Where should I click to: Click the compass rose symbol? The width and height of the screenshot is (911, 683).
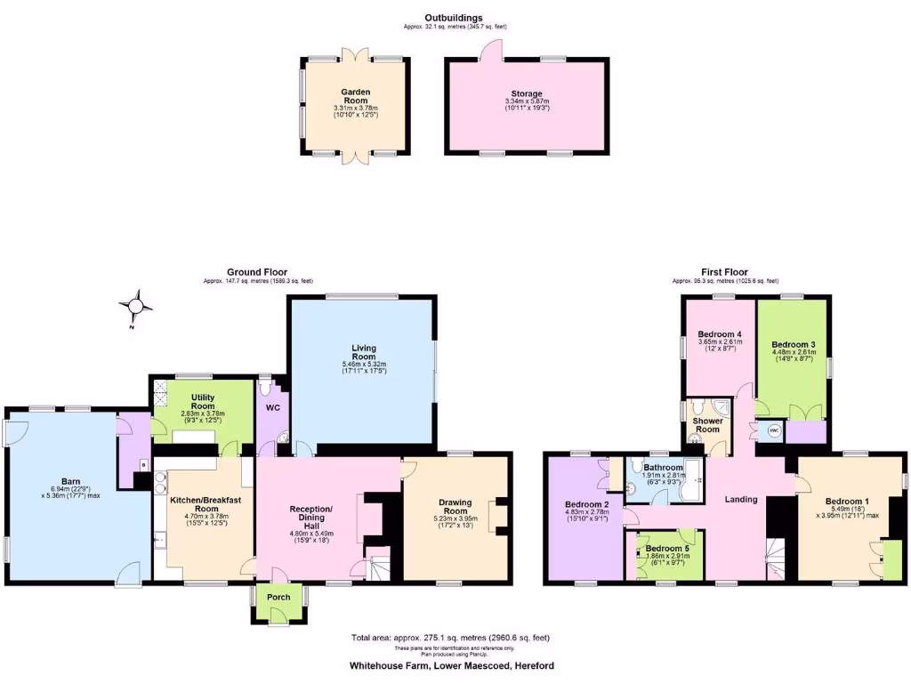pos(135,307)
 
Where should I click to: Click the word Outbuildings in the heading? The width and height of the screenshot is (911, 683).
pos(454,18)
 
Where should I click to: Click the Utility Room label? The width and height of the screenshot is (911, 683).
pos(203,401)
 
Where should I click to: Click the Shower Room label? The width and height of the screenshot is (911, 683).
pos(707,424)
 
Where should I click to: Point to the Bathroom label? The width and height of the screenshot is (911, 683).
pos(664,467)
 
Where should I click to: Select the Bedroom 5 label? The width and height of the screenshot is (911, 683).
pos(669,548)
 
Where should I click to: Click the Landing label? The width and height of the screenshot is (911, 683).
pos(740,499)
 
